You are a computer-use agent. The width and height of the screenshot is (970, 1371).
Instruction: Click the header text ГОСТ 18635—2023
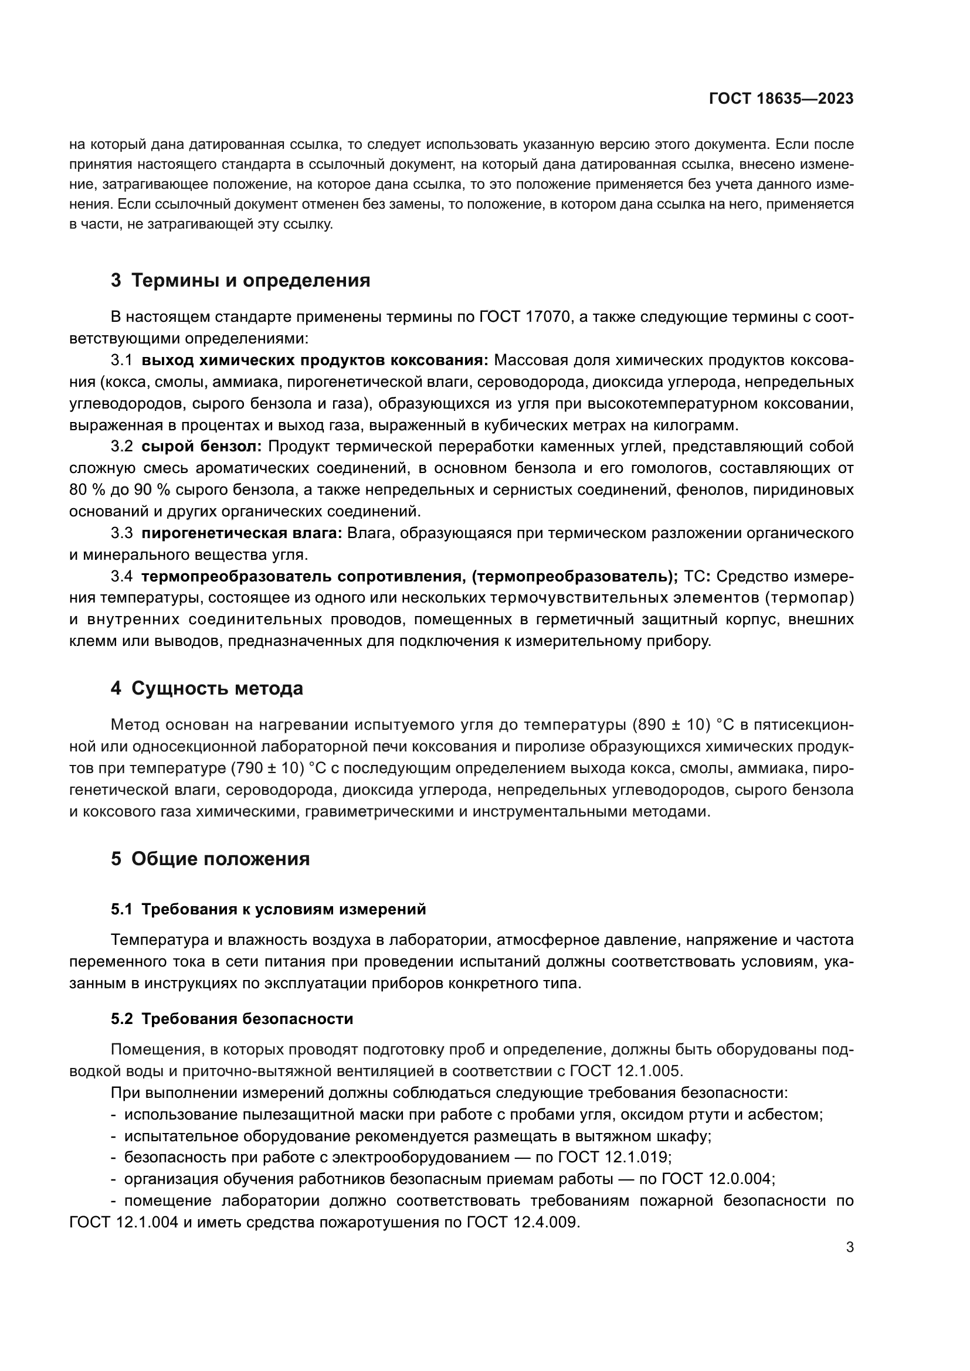tap(781, 99)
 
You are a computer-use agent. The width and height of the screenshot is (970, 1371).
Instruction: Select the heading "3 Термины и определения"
tap(240, 280)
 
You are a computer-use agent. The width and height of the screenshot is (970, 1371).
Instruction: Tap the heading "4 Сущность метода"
tap(206, 688)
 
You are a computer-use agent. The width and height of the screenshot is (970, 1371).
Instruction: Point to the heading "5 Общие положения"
tap(211, 859)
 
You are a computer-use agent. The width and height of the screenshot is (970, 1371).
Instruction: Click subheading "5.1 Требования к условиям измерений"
tap(268, 909)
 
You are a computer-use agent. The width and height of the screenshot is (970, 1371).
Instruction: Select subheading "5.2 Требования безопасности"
tap(232, 1019)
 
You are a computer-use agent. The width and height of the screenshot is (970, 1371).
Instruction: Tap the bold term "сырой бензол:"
tap(201, 447)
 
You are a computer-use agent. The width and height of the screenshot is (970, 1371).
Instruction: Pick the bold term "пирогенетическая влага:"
tap(241, 533)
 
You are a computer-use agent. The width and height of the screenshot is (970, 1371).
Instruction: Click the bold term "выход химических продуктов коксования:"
tap(315, 360)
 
